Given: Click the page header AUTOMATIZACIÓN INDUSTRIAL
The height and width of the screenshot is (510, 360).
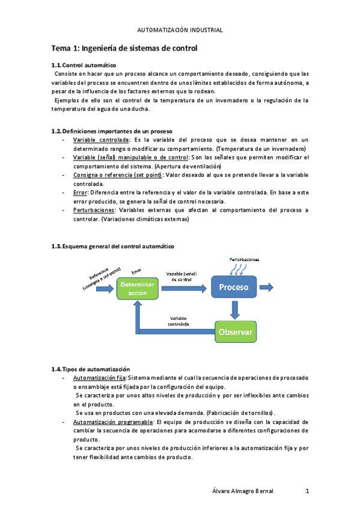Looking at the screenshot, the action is pyautogui.click(x=180, y=29).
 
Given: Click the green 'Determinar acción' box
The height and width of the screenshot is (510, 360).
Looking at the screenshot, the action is pyautogui.click(x=138, y=288).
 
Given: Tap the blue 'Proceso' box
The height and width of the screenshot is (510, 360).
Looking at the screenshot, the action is pyautogui.click(x=234, y=287).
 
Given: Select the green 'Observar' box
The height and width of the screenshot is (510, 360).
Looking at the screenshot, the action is pyautogui.click(x=236, y=331).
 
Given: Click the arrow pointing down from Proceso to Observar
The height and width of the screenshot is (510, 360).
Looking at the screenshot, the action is pyautogui.click(x=235, y=310).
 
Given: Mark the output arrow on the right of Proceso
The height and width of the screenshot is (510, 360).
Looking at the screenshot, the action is pyautogui.click(x=267, y=287).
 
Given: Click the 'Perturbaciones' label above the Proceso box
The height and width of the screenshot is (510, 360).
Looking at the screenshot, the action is pyautogui.click(x=244, y=259).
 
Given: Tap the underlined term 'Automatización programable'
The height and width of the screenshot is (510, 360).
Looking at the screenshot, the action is pyautogui.click(x=112, y=422).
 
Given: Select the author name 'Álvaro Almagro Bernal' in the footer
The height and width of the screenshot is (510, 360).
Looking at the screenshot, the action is pyautogui.click(x=244, y=491).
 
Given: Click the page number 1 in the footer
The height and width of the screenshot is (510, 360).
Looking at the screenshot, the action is pyautogui.click(x=307, y=491).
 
